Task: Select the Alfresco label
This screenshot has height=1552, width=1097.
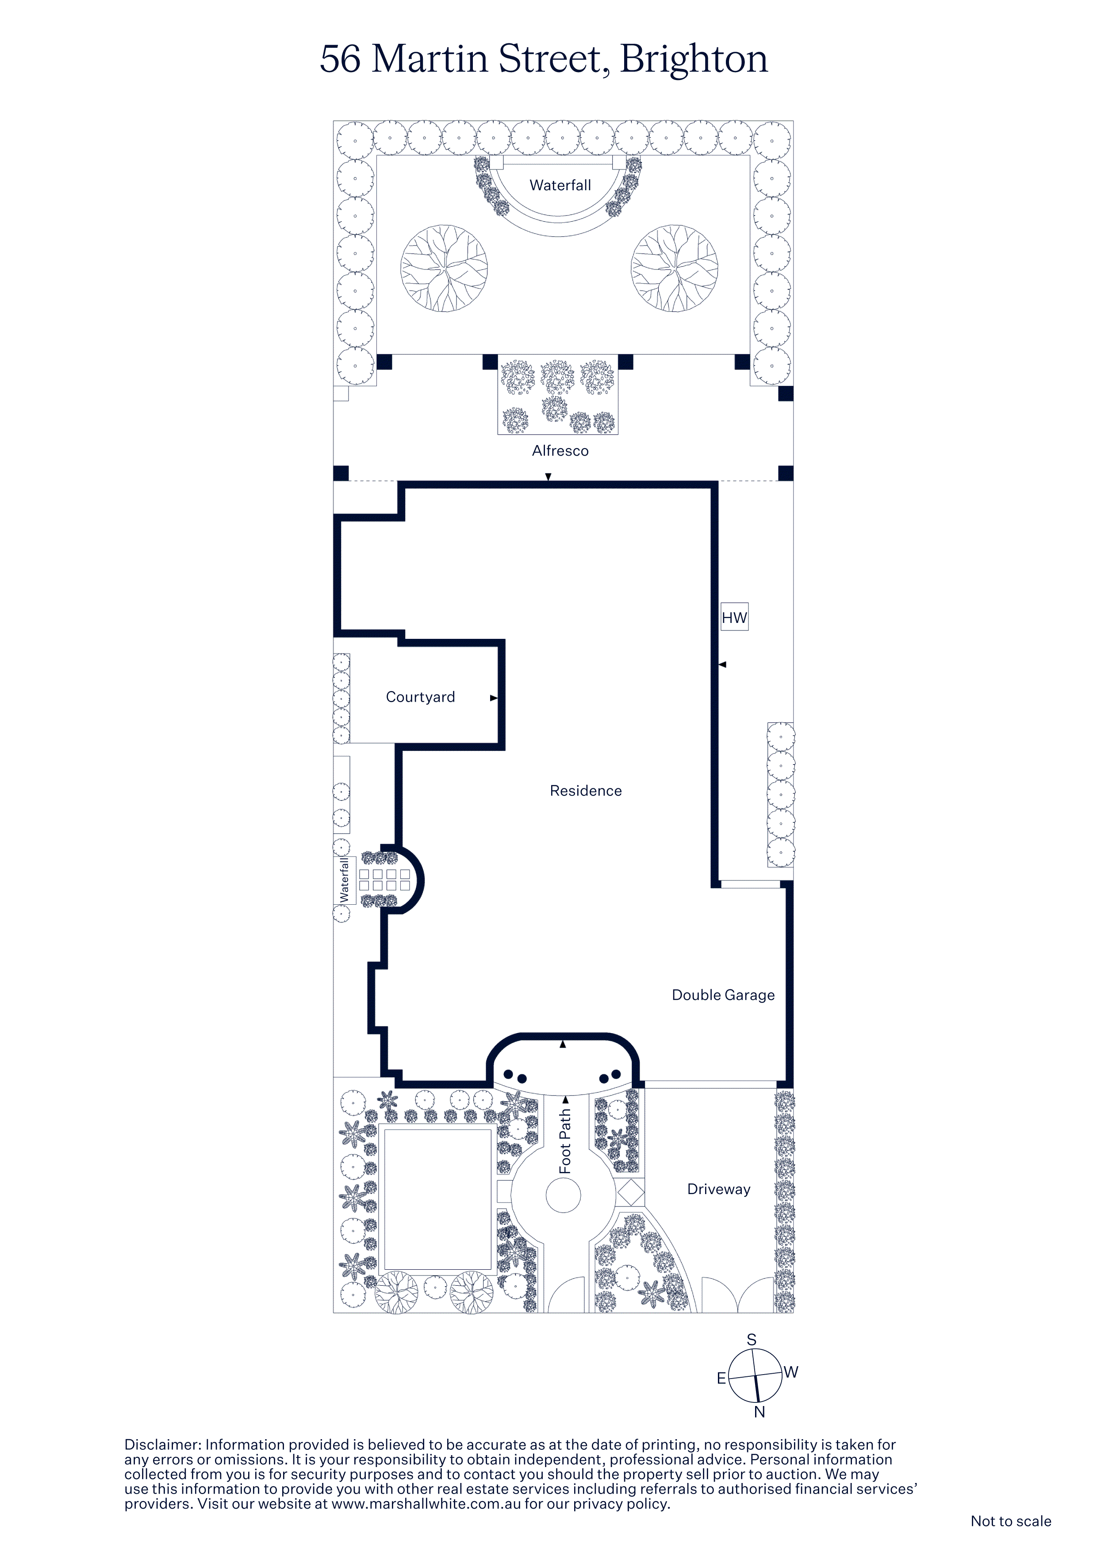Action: pos(560,451)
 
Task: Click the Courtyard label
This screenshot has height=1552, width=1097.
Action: pos(420,697)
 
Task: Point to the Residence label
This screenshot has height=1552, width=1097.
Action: pos(586,791)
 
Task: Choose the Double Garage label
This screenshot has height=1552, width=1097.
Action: pos(723,995)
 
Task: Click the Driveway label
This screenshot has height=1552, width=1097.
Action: pos(718,1189)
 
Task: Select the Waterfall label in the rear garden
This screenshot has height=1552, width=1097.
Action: pos(560,185)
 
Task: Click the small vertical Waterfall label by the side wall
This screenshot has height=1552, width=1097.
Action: pos(344,880)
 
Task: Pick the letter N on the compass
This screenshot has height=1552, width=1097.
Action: pos(760,1412)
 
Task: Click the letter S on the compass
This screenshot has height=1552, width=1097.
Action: pos(752,1340)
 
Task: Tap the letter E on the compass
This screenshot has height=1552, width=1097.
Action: pos(721,1378)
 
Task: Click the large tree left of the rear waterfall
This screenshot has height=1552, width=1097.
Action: pos(444,269)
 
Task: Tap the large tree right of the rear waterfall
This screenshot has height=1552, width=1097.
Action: pos(675,269)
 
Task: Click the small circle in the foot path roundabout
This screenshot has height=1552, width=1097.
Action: pos(563,1195)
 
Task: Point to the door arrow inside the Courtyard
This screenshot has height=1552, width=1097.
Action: pos(493,698)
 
